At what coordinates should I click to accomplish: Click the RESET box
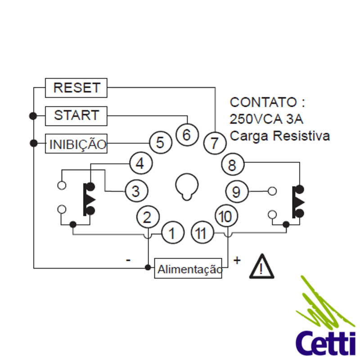click(76, 88)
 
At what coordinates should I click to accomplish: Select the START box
click(76, 116)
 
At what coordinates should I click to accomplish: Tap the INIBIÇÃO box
click(76, 144)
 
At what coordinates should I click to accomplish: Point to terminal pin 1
click(171, 233)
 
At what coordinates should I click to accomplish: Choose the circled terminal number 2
click(147, 217)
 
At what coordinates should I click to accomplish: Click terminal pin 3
click(136, 191)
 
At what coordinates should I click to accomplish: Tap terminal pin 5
click(160, 143)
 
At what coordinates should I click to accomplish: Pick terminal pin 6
click(187, 134)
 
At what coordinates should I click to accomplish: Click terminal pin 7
click(214, 144)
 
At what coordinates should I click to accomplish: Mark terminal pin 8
click(232, 165)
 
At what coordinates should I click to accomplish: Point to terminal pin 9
click(237, 192)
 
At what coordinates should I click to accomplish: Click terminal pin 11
click(201, 233)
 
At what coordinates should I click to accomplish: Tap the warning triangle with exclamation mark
click(261, 266)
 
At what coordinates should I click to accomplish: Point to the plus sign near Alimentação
click(237, 260)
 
